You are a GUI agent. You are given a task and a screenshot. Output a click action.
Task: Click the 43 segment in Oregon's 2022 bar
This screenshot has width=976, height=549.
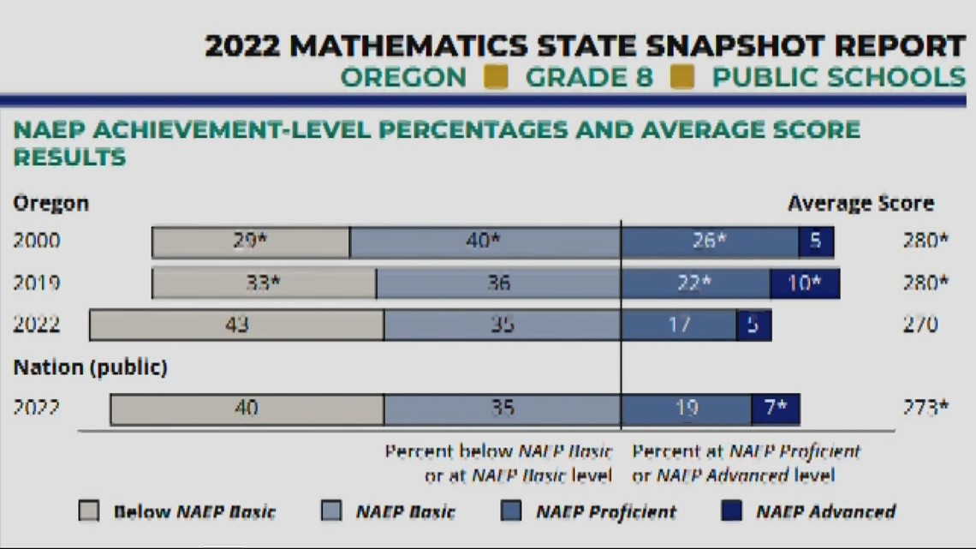click(236, 325)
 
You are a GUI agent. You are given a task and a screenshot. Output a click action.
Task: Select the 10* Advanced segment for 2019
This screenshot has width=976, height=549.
click(804, 283)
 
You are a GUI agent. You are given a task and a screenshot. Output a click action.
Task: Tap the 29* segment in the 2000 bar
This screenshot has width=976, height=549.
click(251, 242)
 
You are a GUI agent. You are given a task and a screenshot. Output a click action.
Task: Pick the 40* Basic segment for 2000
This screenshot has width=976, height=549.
click(485, 242)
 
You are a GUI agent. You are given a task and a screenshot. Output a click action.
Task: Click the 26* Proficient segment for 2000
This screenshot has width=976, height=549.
click(709, 242)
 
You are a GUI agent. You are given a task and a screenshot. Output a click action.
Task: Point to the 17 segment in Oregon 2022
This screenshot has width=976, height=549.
click(679, 325)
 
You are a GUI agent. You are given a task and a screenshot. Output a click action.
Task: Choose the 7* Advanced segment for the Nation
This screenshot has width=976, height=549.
click(776, 409)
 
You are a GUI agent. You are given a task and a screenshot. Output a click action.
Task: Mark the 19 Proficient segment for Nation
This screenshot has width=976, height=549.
click(686, 409)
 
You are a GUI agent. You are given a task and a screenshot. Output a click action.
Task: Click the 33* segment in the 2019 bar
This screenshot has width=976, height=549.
click(264, 283)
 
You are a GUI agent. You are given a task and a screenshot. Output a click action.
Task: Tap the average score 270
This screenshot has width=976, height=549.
click(920, 325)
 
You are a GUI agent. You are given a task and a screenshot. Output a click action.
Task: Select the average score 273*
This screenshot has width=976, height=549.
click(925, 409)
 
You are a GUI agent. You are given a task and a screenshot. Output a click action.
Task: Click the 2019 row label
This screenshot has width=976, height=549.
click(37, 283)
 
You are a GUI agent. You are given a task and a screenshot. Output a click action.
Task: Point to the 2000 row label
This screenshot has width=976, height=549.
click(37, 242)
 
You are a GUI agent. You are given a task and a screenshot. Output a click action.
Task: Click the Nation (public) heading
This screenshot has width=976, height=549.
click(90, 368)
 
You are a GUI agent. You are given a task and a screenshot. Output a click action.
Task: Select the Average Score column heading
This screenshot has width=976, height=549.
click(860, 204)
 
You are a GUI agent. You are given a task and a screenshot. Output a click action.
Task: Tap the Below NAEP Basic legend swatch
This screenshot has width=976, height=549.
click(89, 512)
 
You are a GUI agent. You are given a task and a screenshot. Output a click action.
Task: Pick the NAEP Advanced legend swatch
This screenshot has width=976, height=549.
click(732, 512)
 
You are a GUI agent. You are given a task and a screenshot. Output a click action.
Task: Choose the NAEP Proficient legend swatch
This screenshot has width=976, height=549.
click(511, 512)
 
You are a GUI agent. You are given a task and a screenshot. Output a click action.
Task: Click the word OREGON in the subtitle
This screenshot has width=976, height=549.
click(403, 77)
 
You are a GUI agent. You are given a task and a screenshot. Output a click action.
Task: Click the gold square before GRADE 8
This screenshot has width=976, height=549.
click(496, 77)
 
